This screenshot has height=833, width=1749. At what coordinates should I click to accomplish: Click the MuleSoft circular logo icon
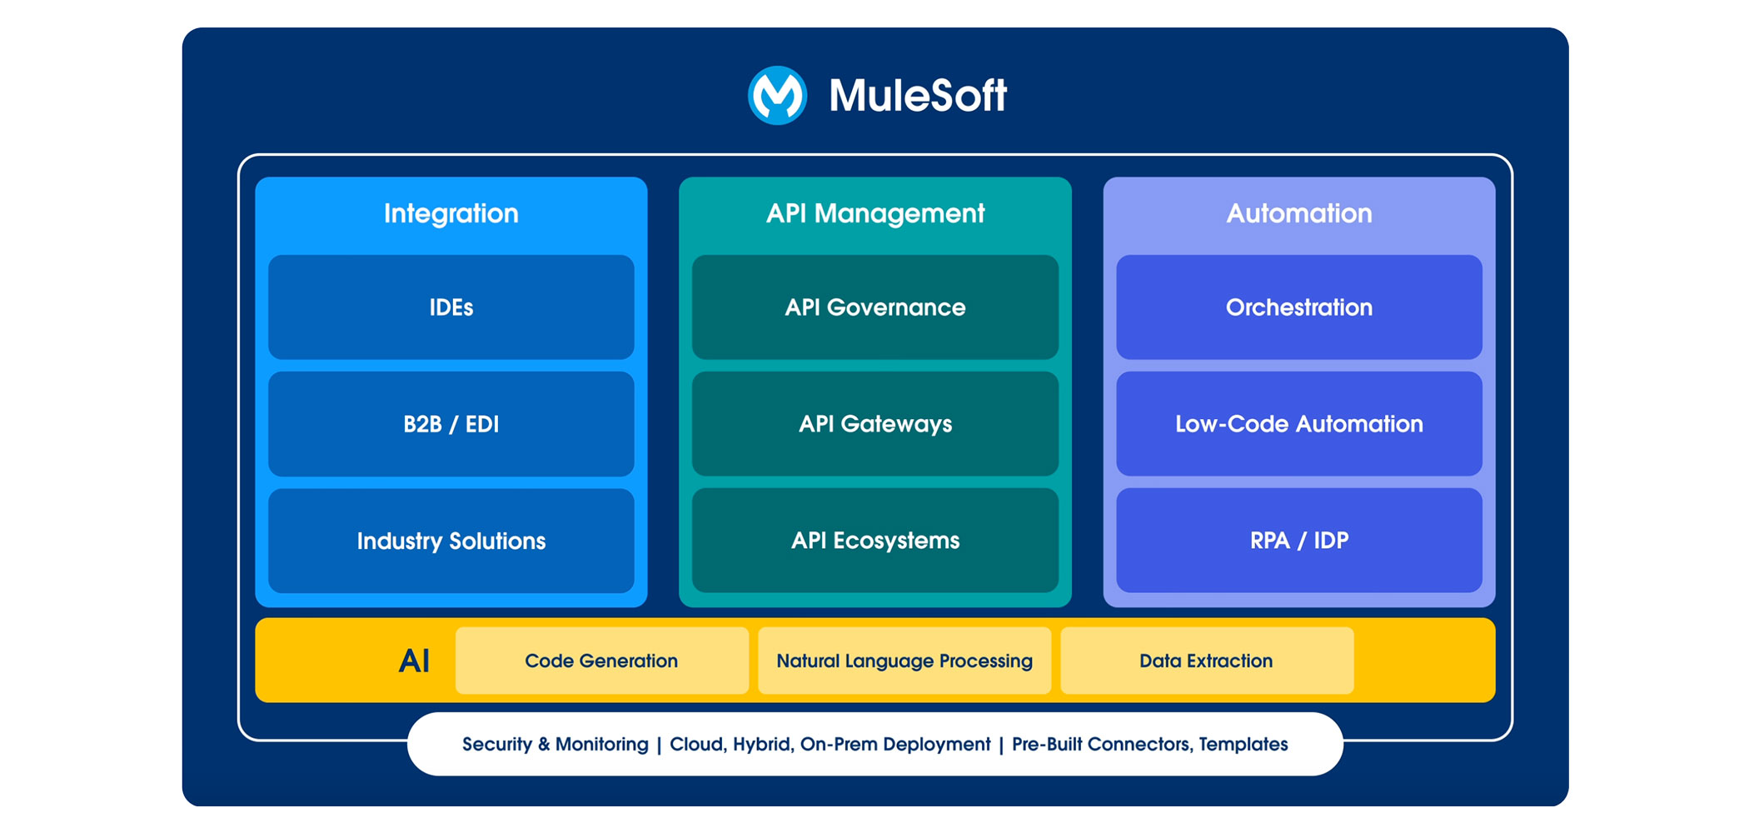coord(777,95)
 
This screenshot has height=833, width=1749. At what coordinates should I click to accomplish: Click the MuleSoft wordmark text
coord(918,95)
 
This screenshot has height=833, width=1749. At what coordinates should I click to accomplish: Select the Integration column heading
coord(451,213)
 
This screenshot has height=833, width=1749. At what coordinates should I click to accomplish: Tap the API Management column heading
coord(875,213)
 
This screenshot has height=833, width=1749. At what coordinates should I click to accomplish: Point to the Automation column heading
coord(1299,213)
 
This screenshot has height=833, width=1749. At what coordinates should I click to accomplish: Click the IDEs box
coord(451,307)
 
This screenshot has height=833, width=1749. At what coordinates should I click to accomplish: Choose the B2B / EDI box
coord(451,424)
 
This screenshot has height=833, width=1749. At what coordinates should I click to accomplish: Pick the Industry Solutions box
coord(451,541)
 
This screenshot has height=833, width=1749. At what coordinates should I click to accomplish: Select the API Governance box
coord(875,307)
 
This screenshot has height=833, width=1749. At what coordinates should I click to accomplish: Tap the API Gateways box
coord(875,424)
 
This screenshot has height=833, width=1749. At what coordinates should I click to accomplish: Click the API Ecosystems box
coord(875,541)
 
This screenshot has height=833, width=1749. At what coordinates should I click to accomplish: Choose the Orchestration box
coord(1299,307)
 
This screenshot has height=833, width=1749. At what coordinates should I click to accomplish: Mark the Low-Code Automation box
coord(1299,424)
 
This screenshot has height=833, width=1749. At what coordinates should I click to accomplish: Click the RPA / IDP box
coord(1299,541)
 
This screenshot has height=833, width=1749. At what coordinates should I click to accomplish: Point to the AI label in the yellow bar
coord(414,661)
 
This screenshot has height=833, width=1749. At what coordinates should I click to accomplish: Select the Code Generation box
coord(601,661)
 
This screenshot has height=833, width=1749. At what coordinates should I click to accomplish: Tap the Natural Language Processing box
coord(904,661)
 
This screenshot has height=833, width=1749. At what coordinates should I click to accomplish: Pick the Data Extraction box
coord(1206,661)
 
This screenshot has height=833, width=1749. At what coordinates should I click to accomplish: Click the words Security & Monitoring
coord(555,744)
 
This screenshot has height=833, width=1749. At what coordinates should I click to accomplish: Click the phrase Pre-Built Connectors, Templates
coord(1149,744)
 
